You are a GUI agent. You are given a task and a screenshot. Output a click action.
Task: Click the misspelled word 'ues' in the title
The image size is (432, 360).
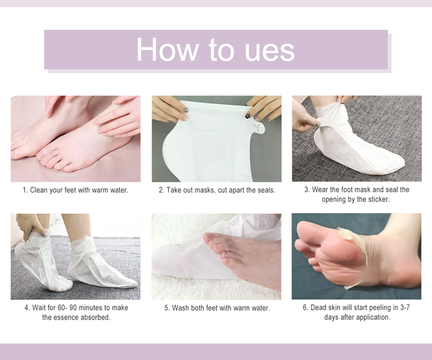[269, 49]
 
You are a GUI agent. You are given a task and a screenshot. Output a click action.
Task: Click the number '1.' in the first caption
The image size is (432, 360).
[25, 190]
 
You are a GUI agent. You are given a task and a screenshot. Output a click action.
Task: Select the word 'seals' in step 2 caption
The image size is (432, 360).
[265, 190]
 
